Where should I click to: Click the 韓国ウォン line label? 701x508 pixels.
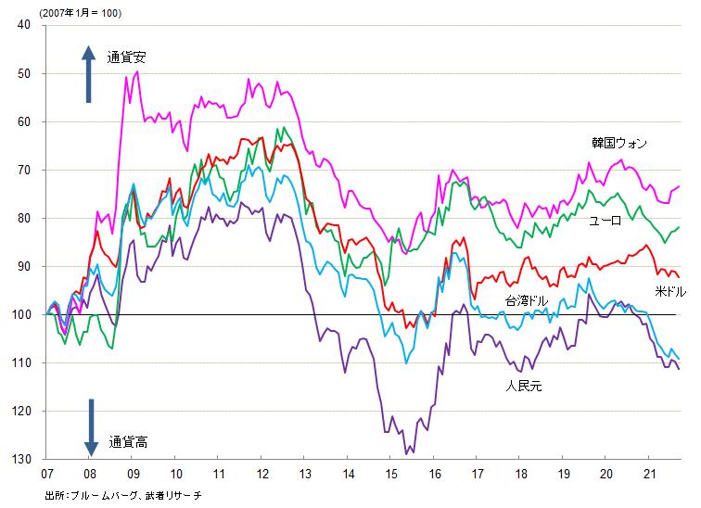pos(619,143)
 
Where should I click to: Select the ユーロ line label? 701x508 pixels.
pos(606,221)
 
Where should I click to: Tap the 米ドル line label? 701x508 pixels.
pos(670,291)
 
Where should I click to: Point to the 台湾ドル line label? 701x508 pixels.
pos(527,301)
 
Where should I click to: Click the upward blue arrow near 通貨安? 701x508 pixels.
pos(89,74)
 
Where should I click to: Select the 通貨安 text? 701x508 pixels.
pos(126,57)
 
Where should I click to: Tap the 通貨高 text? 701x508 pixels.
pos(127,441)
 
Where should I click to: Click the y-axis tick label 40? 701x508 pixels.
pos(24,25)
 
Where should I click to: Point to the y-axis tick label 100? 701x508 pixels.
pos(21,314)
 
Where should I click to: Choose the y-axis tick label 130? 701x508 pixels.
pos(21,459)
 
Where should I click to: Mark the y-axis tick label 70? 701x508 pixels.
pos(24,170)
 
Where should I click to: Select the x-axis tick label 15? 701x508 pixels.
pos(391,473)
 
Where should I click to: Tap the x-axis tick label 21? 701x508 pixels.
pos(650,473)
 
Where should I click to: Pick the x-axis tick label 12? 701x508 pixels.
pos(262,473)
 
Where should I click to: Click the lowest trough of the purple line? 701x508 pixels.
pos(406,453)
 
